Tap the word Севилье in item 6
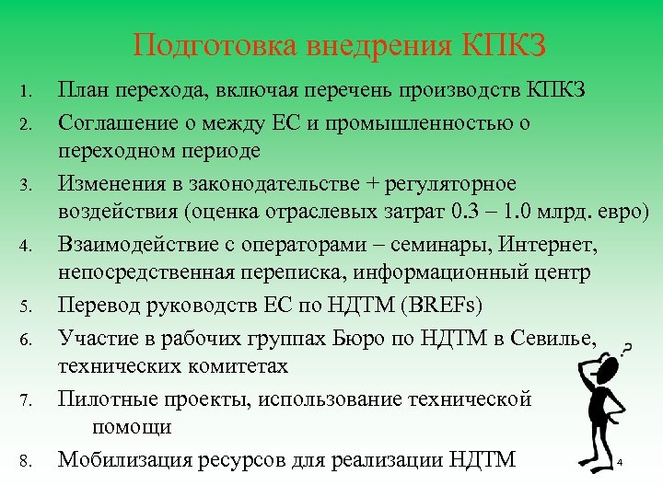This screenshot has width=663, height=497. [558, 335]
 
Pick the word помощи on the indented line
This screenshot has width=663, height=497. [130, 427]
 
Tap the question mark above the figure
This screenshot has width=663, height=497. [627, 347]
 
